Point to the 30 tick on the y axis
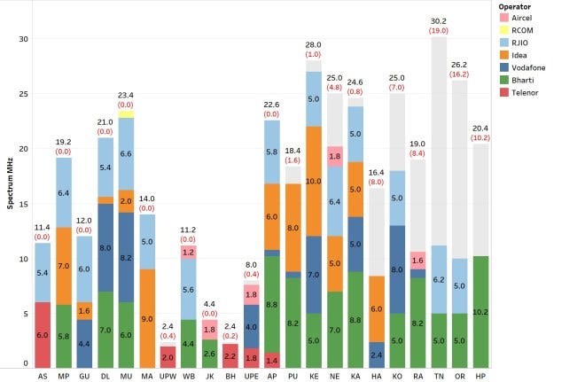point(24,39)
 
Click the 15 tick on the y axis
point(24,204)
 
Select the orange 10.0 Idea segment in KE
point(314,181)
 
